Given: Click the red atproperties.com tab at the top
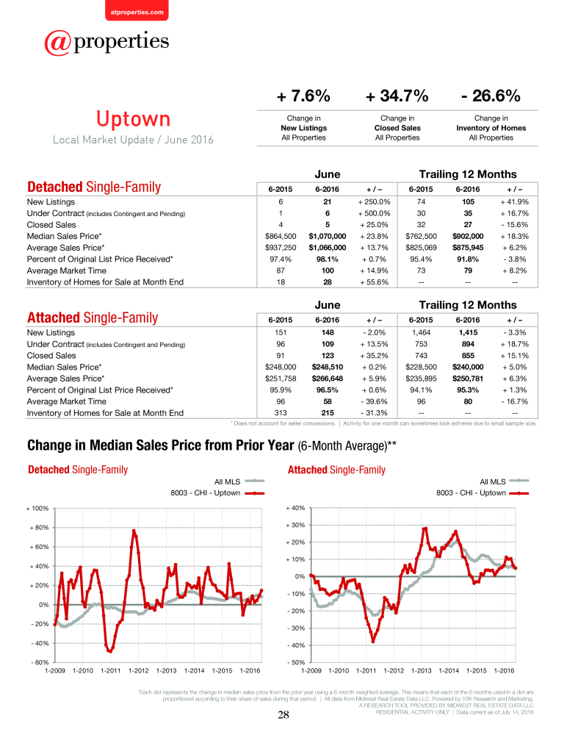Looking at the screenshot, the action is coord(137,10).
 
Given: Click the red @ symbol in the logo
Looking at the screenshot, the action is coord(57,43).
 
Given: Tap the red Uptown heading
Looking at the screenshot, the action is coord(133,118).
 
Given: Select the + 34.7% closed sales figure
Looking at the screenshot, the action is coord(397,96).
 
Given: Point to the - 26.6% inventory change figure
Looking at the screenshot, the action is coord(491,96).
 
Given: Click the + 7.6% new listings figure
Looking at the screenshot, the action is coord(303,96).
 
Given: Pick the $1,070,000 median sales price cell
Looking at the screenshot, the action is coord(327,236).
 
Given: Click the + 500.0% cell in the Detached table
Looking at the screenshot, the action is coord(374,213).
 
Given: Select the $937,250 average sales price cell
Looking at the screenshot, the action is coord(281,248).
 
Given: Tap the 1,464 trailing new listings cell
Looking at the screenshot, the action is coord(421,332).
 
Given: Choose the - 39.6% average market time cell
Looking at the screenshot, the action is coord(374,401).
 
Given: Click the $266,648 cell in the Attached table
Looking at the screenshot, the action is coord(327,379).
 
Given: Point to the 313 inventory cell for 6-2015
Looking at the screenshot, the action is coord(281,413).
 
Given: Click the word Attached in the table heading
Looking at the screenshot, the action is coord(54,318).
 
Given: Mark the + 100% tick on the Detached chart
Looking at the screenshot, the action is coord(37,508).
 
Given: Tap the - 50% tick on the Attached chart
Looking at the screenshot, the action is coord(296,662).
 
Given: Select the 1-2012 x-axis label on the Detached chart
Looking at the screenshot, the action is coord(138,671).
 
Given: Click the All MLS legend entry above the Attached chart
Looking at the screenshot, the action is coord(505,481).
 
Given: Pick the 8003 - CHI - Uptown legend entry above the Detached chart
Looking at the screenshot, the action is coord(217,493).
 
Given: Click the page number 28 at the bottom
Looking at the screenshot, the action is coord(283,715).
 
